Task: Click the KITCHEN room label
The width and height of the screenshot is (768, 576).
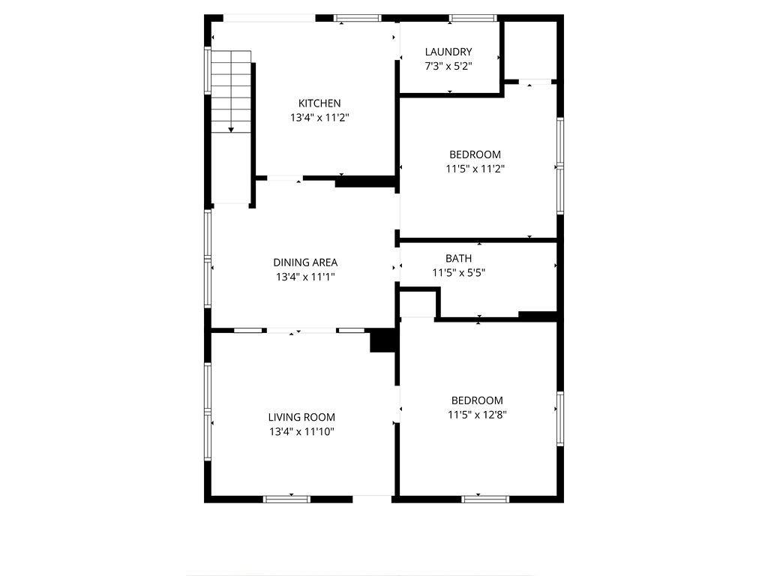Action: tap(319, 103)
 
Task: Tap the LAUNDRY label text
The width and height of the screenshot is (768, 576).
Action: tap(448, 52)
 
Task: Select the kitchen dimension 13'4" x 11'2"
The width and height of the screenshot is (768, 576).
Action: tap(319, 118)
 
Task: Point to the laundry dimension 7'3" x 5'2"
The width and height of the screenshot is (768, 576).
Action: tap(448, 66)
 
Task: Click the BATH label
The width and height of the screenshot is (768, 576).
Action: tap(458, 258)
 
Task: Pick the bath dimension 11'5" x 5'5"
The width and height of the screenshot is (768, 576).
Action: tap(458, 273)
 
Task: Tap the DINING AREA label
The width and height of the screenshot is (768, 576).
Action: tap(305, 262)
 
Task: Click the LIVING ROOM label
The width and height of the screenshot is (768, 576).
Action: tap(301, 417)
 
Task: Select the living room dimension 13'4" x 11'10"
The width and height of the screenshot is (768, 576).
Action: tap(301, 431)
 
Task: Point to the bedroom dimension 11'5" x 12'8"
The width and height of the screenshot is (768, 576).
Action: tap(477, 415)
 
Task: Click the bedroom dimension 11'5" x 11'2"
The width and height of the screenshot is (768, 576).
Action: tap(475, 169)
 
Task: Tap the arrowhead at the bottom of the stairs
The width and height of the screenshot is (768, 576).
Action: tap(231, 130)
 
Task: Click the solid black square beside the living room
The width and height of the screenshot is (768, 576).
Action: tap(382, 340)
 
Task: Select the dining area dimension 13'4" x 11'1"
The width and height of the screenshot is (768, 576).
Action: tap(305, 277)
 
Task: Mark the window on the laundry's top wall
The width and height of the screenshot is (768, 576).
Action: tap(473, 19)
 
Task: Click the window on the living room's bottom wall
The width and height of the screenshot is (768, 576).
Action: tap(286, 499)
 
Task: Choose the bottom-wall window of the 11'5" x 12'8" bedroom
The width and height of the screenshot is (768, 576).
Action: tap(485, 499)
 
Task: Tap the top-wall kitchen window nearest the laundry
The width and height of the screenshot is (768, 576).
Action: tap(358, 19)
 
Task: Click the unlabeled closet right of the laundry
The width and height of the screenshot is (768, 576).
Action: tap(530, 50)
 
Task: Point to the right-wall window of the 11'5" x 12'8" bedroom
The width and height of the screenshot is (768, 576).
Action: tap(560, 418)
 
